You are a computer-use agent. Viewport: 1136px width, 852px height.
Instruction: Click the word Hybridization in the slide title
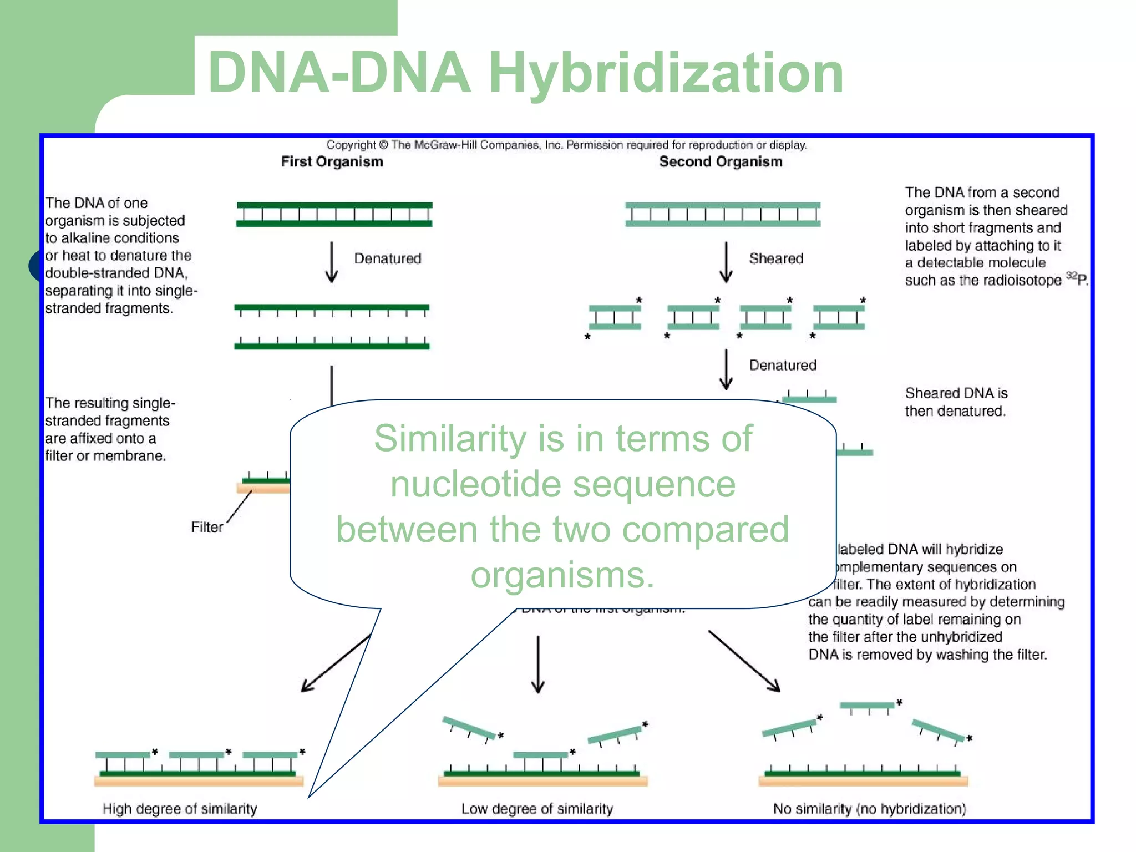click(666, 73)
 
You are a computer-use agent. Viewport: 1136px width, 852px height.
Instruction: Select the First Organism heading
click(332, 161)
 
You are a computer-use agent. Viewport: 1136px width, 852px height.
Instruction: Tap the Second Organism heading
click(721, 161)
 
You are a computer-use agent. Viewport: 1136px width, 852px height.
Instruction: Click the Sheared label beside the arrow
click(775, 258)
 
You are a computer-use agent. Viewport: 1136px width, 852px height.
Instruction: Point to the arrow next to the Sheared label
click(726, 262)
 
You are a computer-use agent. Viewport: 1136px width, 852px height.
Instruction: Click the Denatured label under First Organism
click(387, 258)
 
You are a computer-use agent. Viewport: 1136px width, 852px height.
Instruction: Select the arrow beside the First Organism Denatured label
click(332, 262)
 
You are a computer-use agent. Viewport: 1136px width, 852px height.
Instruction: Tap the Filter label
click(206, 527)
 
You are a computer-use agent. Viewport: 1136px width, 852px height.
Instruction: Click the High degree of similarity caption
click(180, 809)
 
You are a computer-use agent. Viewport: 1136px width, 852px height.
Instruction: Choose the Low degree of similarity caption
click(537, 809)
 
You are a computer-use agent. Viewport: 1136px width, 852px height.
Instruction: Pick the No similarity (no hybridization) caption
click(869, 809)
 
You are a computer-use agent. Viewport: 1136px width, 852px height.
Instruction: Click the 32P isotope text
click(1077, 279)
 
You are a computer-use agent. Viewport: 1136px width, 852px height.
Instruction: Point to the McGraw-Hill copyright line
click(566, 145)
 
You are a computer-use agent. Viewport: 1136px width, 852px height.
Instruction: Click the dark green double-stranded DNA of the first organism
click(334, 214)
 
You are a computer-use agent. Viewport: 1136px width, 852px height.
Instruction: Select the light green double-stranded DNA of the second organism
click(722, 214)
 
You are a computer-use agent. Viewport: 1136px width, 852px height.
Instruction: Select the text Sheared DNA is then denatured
click(956, 402)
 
